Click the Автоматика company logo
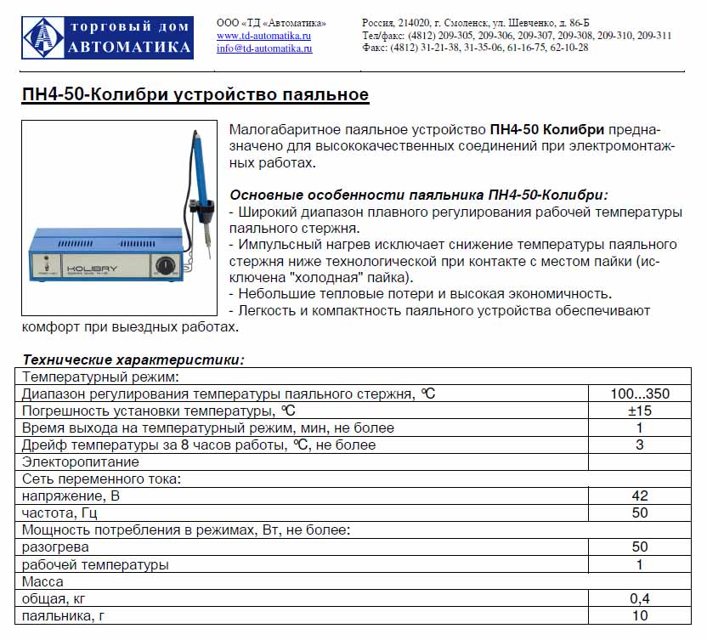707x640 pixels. click(x=107, y=37)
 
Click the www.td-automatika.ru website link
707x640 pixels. click(x=263, y=36)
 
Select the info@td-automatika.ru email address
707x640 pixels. click(x=264, y=48)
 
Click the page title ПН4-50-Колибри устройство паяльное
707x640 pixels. click(x=195, y=94)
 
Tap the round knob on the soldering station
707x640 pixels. click(x=164, y=267)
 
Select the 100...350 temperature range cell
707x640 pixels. click(x=639, y=394)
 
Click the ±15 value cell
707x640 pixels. click(x=639, y=411)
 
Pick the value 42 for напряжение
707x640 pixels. click(x=639, y=496)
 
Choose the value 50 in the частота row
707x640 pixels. click(x=639, y=513)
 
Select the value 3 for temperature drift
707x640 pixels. click(x=639, y=445)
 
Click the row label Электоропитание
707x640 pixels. click(x=81, y=462)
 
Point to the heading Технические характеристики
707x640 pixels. click(x=133, y=360)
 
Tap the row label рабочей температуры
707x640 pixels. click(x=95, y=564)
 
